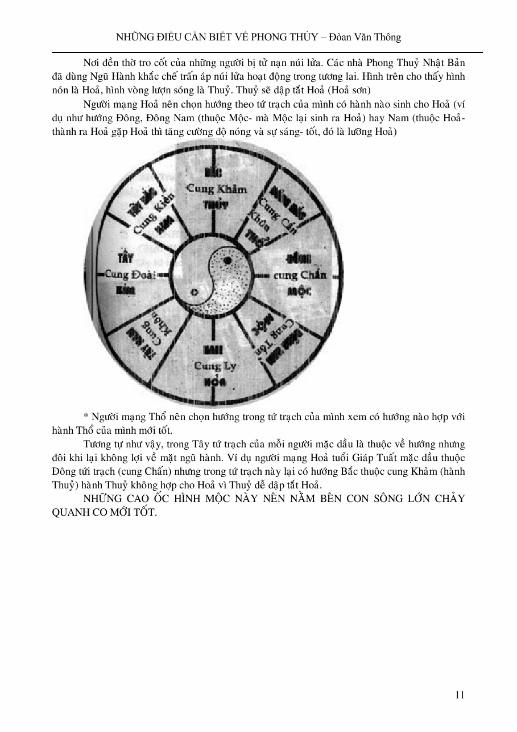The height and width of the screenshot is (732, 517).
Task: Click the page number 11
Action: pyautogui.click(x=460, y=694)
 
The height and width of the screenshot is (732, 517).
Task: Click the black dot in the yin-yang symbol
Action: pyautogui.click(x=228, y=261)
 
